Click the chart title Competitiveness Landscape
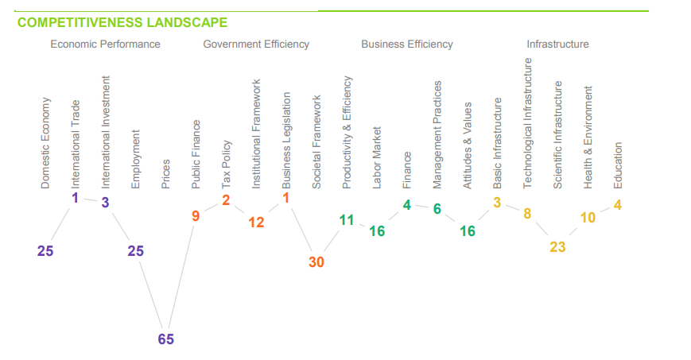pos(122,22)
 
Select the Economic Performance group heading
pos(105,44)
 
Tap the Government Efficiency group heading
pos(256,44)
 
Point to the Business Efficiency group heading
pos(407,44)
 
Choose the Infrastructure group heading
pos(557,44)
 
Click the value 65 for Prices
pos(165,339)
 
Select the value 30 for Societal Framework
pos(316,262)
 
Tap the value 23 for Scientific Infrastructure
pos(557,247)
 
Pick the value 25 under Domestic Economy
pos(45,251)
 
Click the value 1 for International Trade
pos(76,197)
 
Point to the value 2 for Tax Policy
pos(226,200)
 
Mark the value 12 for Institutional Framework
pos(256,223)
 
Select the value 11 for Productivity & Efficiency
pos(347,220)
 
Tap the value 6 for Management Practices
pos(437,209)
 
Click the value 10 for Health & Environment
pos(588,218)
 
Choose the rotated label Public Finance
pos(196,154)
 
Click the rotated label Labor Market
pos(377,157)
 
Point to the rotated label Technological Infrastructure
pos(527,123)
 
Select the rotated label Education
pos(618,165)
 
